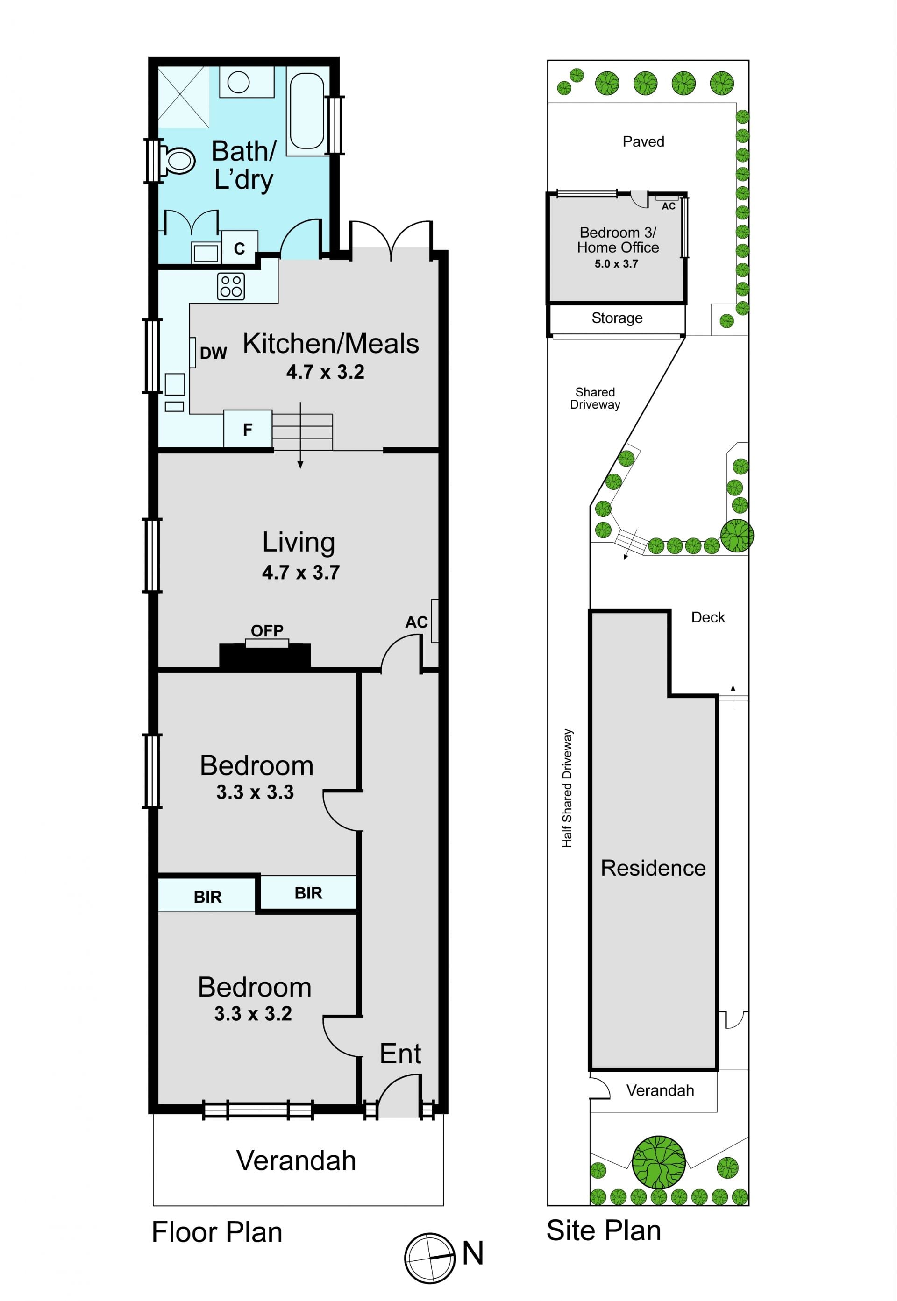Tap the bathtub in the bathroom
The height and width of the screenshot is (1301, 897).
[x=307, y=111]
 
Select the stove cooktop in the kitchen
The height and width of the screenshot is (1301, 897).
[x=231, y=286]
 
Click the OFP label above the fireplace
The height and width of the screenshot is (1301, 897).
[x=267, y=630]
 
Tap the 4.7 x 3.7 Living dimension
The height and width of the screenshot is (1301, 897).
[x=301, y=573]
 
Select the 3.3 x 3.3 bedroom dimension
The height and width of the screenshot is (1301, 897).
[x=255, y=792]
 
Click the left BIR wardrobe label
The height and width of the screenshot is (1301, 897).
[x=208, y=897]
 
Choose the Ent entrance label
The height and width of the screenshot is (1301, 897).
[x=400, y=1054]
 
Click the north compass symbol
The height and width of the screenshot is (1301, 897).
[x=429, y=1259]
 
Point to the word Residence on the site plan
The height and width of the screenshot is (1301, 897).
[x=653, y=868]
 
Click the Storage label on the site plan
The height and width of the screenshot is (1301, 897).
[x=617, y=318]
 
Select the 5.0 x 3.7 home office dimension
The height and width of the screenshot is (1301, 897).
[x=617, y=263]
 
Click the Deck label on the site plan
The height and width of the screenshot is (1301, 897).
[x=708, y=617]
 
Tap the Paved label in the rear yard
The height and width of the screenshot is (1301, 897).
[x=643, y=141]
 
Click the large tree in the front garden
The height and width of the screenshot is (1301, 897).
[x=659, y=1163]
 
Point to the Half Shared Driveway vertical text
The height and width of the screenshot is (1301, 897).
[x=568, y=788]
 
